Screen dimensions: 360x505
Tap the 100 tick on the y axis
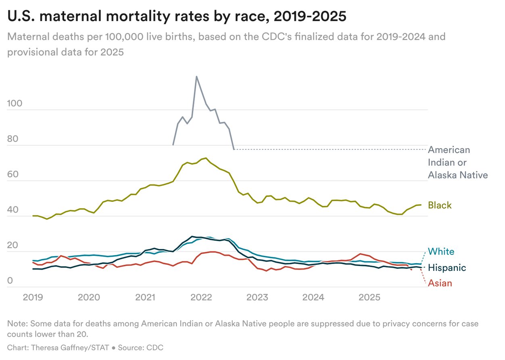(x=15, y=104)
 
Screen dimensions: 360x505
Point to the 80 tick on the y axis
(x=13, y=139)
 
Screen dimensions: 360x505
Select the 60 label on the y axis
(x=13, y=175)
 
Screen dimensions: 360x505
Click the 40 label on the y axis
(x=13, y=210)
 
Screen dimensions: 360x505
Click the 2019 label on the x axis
(x=33, y=297)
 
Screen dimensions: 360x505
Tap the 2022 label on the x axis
(x=201, y=297)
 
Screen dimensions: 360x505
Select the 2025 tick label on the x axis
(x=369, y=297)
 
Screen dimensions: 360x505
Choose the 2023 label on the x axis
(x=257, y=297)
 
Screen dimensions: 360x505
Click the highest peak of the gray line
(x=196, y=76)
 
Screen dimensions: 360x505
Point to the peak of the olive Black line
(x=206, y=158)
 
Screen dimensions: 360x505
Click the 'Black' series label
(x=440, y=205)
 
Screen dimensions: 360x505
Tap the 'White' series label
(x=440, y=251)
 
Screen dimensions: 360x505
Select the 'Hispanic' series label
(x=447, y=268)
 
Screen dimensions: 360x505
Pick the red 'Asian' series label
(x=440, y=283)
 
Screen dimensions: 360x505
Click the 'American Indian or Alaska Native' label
(x=457, y=162)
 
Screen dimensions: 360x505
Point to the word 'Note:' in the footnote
(x=17, y=324)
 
